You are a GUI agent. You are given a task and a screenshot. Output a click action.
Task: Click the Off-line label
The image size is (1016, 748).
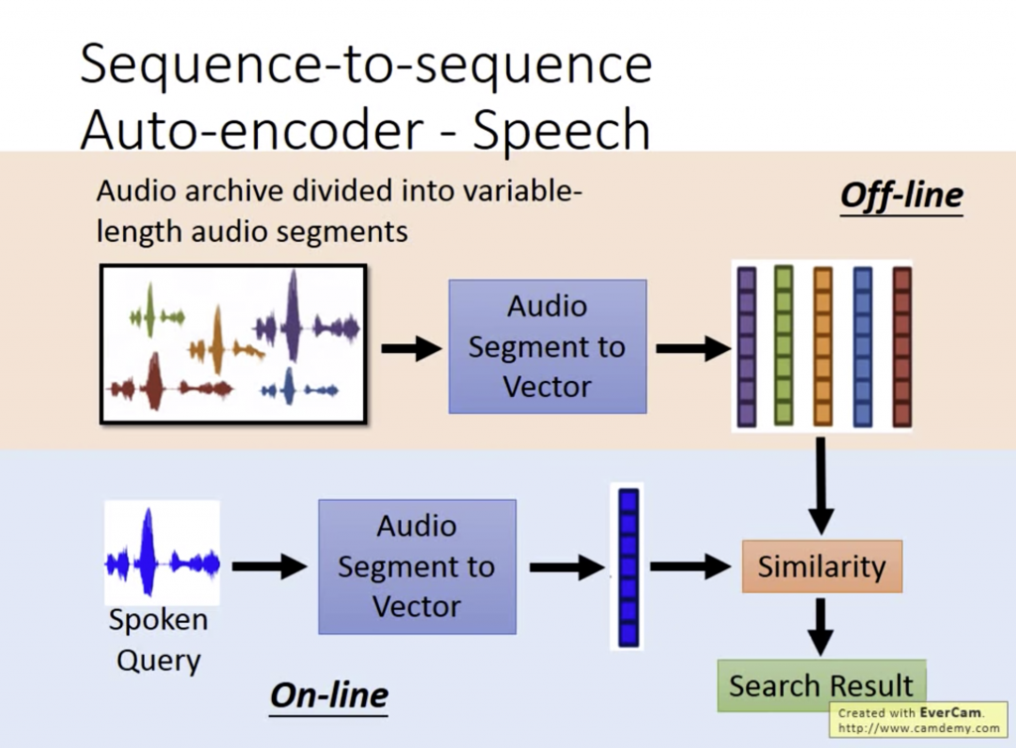point(901,195)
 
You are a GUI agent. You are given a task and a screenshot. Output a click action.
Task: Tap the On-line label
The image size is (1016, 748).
point(328,695)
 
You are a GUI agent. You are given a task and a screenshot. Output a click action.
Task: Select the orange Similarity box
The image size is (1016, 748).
point(822,566)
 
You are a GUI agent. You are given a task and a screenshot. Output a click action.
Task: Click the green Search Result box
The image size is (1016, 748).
point(822,686)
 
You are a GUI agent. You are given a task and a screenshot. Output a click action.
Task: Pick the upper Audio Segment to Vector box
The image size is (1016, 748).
point(547,346)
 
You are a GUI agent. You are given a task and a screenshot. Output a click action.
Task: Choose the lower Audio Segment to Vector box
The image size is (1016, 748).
point(417,566)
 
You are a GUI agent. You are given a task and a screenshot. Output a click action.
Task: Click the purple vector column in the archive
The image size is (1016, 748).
point(746,346)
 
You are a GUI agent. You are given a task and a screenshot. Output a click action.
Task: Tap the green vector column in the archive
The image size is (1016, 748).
point(784,346)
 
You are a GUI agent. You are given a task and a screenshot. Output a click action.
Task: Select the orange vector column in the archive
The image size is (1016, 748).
point(823,346)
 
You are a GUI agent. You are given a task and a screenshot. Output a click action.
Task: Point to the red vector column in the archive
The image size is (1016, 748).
point(901,346)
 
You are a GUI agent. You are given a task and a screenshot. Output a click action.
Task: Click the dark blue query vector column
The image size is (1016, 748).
point(627,566)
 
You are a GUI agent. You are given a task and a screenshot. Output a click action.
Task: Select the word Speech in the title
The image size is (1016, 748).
point(561,130)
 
